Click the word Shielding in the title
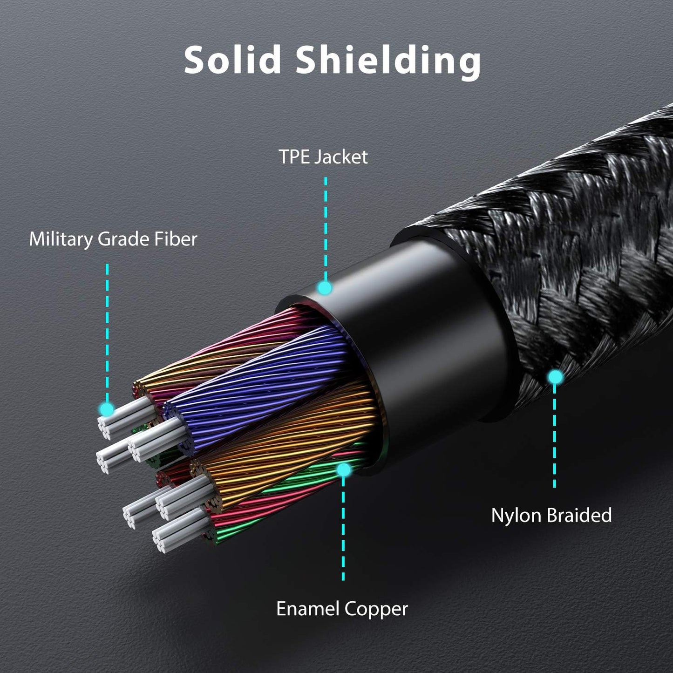click(388, 61)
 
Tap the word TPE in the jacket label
click(294, 157)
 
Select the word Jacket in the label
click(340, 157)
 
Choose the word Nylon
click(517, 515)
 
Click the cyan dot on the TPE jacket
click(325, 288)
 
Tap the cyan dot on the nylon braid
click(554, 377)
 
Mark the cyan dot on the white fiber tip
click(107, 409)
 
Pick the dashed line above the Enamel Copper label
click(343, 531)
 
